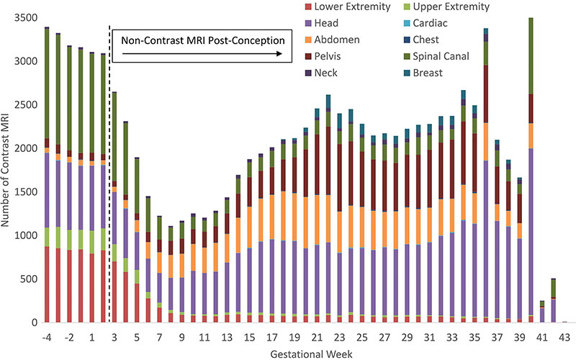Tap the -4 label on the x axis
(x=47, y=336)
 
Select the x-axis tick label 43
(x=564, y=336)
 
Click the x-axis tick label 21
(x=317, y=336)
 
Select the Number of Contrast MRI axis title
(x=8, y=170)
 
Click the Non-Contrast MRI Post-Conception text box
(x=202, y=40)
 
